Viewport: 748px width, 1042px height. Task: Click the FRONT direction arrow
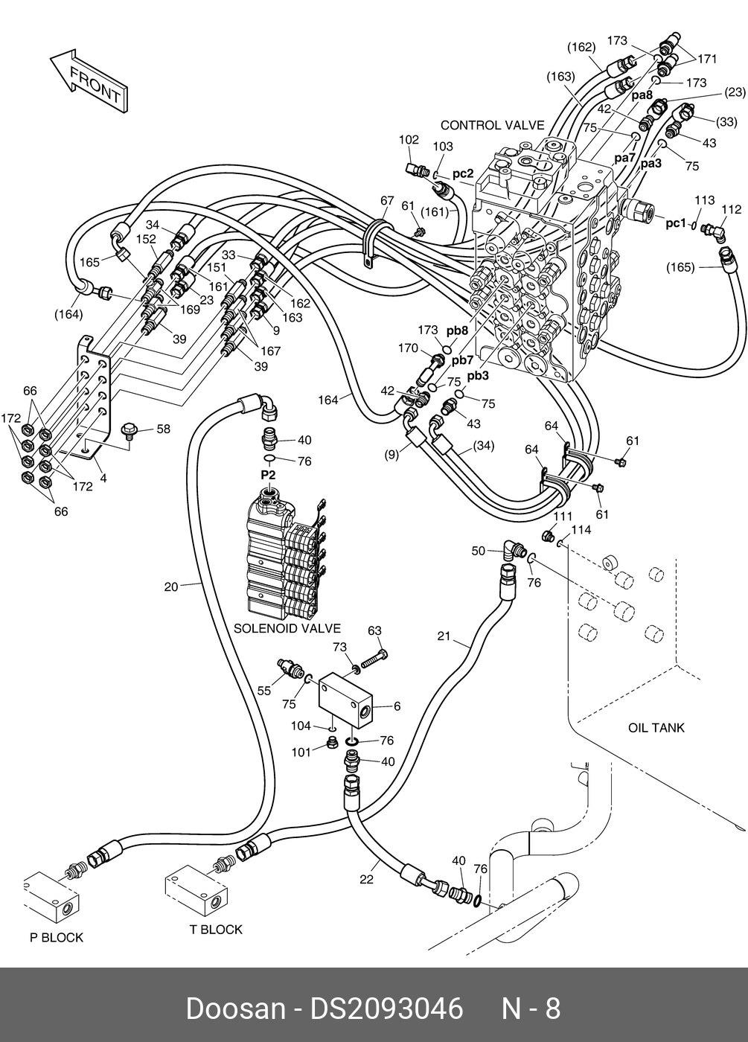tap(89, 80)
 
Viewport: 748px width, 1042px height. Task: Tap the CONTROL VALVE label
tap(492, 125)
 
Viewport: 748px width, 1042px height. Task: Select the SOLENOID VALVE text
tap(287, 628)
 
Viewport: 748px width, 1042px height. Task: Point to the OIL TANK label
tap(656, 728)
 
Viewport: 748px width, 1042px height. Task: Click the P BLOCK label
tap(57, 937)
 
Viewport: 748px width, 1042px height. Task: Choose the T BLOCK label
tap(216, 930)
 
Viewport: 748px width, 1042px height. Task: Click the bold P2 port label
tap(268, 475)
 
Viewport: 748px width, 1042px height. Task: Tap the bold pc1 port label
tap(676, 223)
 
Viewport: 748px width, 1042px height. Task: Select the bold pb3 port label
tap(478, 376)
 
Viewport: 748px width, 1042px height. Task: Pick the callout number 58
tap(163, 429)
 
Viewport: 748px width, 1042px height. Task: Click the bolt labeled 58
tap(130, 431)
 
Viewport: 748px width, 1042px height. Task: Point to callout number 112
tap(731, 209)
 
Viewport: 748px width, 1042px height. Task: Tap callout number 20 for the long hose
tap(171, 587)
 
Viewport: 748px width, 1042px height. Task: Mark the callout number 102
tap(409, 140)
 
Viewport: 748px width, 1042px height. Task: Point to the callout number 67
tap(387, 200)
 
